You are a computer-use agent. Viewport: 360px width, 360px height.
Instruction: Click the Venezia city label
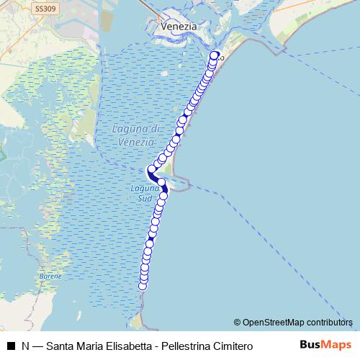[179, 25]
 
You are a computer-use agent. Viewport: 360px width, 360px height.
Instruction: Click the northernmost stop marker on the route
[214, 56]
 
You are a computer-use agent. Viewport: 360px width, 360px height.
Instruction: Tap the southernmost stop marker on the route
[143, 286]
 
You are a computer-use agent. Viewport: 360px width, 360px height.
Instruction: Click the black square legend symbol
[10, 346]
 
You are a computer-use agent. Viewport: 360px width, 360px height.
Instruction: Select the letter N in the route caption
[25, 346]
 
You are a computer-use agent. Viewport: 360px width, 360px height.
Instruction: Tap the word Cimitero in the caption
[234, 346]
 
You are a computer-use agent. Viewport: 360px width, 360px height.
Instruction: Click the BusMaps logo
[324, 346]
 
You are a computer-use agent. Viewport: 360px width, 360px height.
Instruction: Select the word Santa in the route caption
[60, 346]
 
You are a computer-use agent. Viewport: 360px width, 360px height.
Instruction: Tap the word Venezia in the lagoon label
[131, 143]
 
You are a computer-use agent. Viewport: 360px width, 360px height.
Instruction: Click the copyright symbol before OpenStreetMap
[238, 322]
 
